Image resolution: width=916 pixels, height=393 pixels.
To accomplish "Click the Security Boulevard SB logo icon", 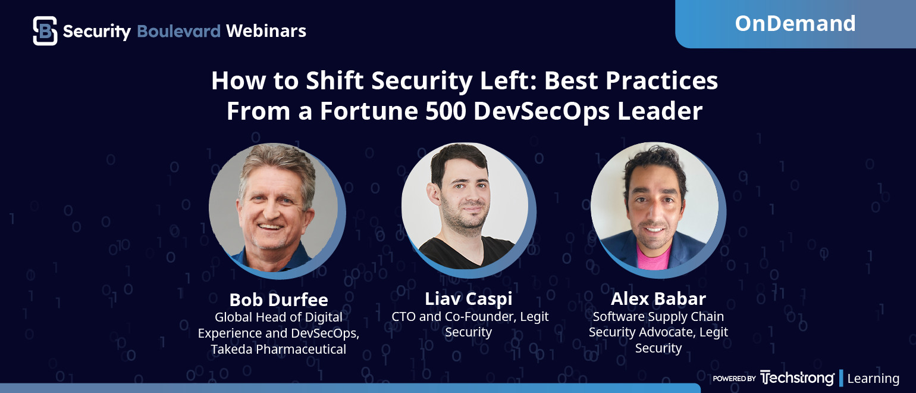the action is (45, 31).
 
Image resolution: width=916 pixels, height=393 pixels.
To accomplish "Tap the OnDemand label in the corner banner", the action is (795, 23).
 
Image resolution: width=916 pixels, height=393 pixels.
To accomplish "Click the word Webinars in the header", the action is (266, 31).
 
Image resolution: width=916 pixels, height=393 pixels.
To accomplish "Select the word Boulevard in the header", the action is (178, 31).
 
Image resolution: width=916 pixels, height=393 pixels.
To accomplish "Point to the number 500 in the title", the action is (446, 111).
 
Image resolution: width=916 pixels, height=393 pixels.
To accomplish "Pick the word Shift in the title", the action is (334, 80).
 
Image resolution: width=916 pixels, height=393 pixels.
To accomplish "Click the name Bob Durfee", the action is (278, 300).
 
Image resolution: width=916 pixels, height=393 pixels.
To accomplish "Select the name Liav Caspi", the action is (468, 299).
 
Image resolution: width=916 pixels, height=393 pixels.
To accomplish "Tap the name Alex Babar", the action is (658, 299).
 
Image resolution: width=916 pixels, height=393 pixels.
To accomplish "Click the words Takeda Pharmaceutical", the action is (278, 349).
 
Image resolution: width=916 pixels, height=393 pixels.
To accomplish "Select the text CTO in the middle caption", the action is (403, 316).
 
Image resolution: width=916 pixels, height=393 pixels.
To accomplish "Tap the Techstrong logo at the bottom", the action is (797, 378).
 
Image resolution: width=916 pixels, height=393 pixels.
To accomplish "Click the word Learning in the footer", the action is (873, 379).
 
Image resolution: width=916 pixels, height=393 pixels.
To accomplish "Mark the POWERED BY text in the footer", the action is (734, 379).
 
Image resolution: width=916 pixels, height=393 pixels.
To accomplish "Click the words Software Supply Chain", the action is (658, 317).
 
